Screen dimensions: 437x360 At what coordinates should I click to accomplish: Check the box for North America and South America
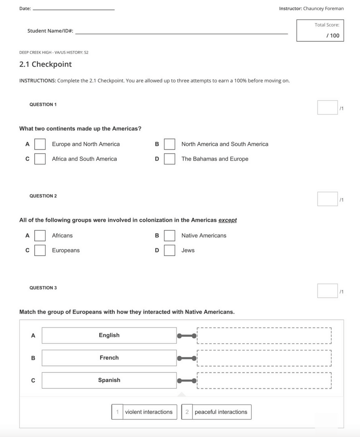169,144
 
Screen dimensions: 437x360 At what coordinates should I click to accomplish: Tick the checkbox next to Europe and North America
40,144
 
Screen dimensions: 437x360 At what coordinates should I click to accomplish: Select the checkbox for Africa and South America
40,159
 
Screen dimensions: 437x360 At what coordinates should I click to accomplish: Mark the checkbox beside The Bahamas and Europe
169,159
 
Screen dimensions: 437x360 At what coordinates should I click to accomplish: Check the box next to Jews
169,250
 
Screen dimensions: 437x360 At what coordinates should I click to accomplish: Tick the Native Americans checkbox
169,235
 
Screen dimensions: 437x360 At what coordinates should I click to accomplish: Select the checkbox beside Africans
40,235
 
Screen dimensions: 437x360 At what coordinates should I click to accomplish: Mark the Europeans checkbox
40,250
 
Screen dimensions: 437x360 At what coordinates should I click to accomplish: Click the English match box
109,335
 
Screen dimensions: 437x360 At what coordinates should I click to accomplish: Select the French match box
109,358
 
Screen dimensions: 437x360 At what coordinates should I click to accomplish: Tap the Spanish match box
109,380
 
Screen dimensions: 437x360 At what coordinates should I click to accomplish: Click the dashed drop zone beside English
264,335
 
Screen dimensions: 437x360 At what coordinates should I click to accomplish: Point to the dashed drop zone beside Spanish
264,380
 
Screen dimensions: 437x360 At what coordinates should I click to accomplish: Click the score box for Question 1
327,107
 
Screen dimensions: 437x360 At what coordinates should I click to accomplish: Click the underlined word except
227,220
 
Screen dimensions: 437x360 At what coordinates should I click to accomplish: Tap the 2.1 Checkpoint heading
45,64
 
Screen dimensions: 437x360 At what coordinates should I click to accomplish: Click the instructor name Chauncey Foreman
323,9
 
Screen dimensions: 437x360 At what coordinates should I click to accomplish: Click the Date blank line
74,9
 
